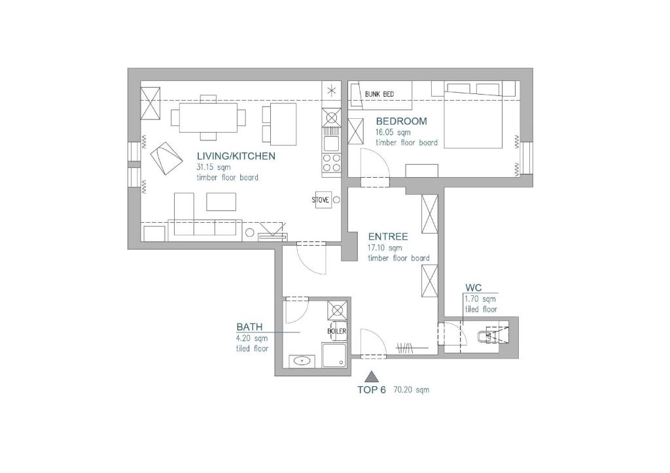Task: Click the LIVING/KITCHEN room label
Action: pos(236,156)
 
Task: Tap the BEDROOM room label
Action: pos(401,121)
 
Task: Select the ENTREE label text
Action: pos(388,236)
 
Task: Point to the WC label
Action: pos(473,288)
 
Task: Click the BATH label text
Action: pos(249,327)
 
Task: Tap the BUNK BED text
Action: pos(379,94)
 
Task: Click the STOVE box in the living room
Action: pos(321,200)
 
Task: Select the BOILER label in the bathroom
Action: pos(337,331)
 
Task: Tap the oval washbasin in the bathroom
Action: pos(303,361)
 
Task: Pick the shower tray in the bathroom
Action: pos(334,355)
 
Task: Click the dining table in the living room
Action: pos(208,118)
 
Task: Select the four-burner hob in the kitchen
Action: pos(332,162)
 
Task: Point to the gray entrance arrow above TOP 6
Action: pos(372,376)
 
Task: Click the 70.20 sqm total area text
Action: pos(412,390)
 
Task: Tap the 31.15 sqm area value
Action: pos(213,167)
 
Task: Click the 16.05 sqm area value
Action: pos(393,132)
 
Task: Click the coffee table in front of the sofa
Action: pos(221,202)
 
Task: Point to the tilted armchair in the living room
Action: pos(166,158)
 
